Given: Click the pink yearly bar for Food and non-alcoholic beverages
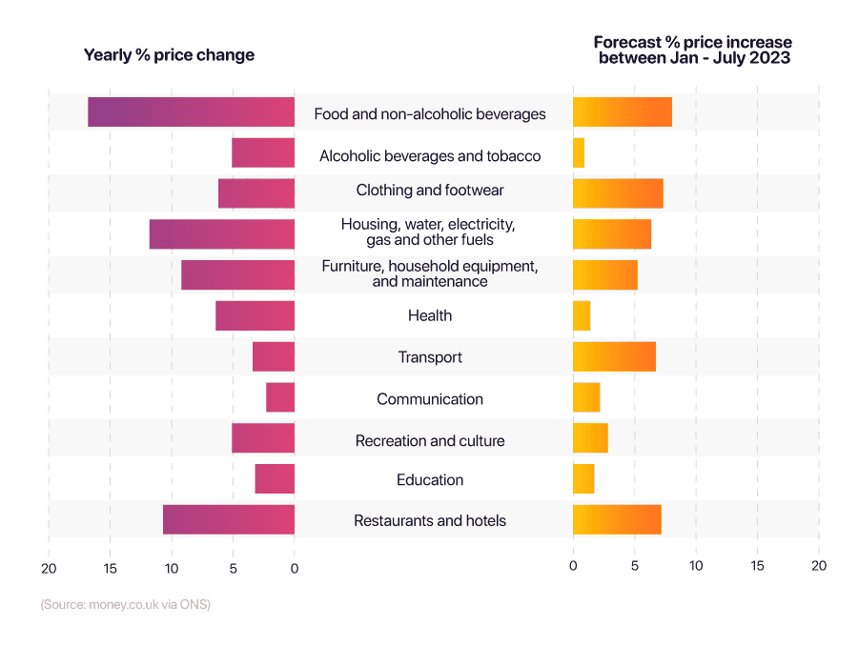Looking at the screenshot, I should click(x=191, y=112).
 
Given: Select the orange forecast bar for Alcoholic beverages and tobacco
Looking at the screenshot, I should click(x=579, y=153).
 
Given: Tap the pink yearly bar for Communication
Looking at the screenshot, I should click(x=280, y=398).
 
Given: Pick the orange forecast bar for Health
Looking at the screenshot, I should click(x=582, y=315).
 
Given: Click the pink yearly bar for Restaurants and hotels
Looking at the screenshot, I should click(x=229, y=520).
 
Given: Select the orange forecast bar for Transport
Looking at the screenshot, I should click(x=614, y=356).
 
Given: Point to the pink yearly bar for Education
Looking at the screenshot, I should click(x=275, y=479).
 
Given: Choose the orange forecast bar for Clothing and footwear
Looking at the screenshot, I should click(x=618, y=193).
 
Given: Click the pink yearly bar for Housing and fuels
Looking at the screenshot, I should click(x=222, y=234).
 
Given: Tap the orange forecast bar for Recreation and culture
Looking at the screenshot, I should click(x=590, y=439).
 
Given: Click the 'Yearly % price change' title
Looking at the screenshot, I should click(x=169, y=55).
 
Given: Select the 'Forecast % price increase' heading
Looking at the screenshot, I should click(x=693, y=50).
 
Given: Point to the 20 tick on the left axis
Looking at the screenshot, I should click(x=49, y=568).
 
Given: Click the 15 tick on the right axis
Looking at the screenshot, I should click(x=757, y=566).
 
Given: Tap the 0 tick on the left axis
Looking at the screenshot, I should click(x=295, y=568).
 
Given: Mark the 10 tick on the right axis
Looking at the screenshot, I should click(x=696, y=566).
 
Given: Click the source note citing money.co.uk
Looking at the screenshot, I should click(x=125, y=605).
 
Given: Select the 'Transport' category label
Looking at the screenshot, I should click(x=430, y=357).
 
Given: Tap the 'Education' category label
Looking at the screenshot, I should click(x=430, y=480).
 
